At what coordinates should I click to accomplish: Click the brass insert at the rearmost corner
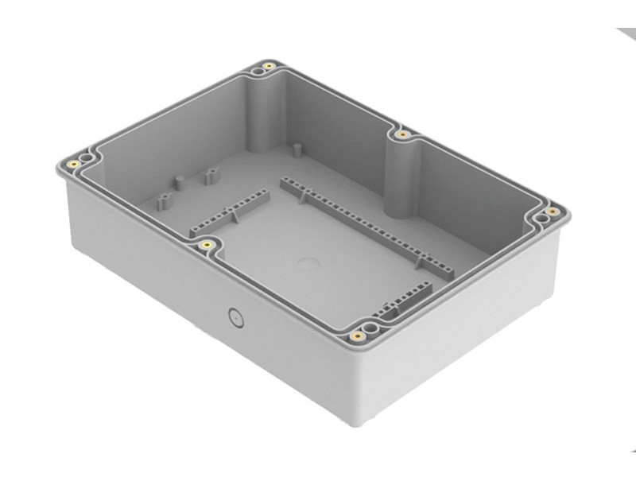pos(270,65)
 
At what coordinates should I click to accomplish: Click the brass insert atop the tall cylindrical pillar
pos(403,134)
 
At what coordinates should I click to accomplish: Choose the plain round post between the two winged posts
pos(180,182)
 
